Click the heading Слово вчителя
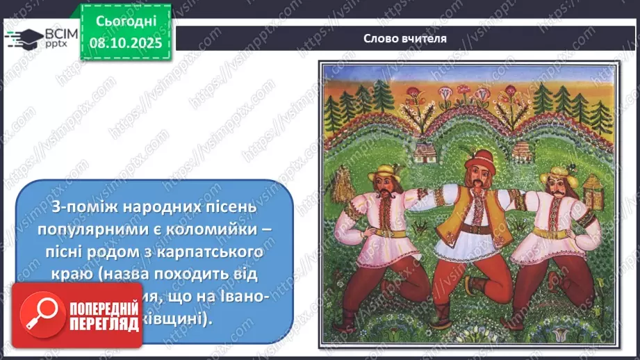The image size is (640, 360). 404,38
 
